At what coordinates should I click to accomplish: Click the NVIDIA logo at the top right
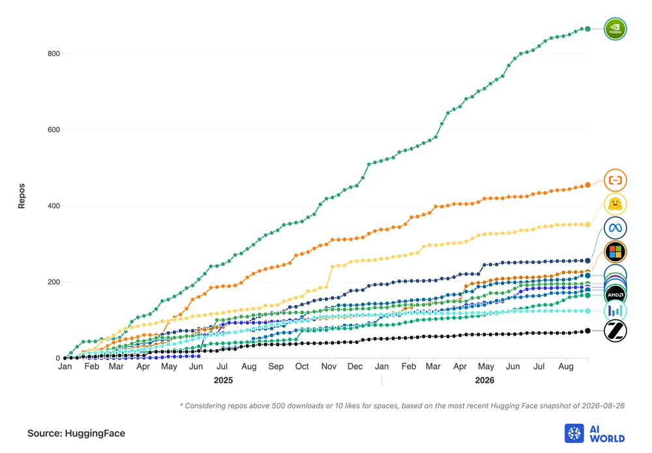[615, 29]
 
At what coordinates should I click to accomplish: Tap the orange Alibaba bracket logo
[615, 181]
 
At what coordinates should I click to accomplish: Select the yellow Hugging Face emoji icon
[615, 204]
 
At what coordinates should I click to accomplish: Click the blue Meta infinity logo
[615, 228]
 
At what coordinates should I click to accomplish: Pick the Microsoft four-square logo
[615, 252]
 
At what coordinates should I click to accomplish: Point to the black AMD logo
[615, 295]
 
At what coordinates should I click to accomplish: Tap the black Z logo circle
[615, 331]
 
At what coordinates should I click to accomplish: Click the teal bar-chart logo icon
[615, 311]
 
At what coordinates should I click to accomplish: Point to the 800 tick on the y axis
[53, 53]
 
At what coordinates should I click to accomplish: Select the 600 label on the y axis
[53, 130]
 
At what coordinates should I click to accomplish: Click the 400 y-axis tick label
[53, 206]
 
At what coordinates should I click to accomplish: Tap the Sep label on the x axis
[276, 366]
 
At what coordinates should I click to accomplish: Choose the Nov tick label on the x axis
[329, 366]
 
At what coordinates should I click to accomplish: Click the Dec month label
[355, 366]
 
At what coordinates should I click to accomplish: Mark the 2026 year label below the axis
[484, 380]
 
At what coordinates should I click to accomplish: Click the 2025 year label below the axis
[223, 380]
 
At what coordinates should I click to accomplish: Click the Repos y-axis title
[22, 196]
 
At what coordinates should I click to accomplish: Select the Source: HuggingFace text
[76, 433]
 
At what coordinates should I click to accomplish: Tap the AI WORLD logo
[595, 433]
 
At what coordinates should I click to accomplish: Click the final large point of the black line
[587, 331]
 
